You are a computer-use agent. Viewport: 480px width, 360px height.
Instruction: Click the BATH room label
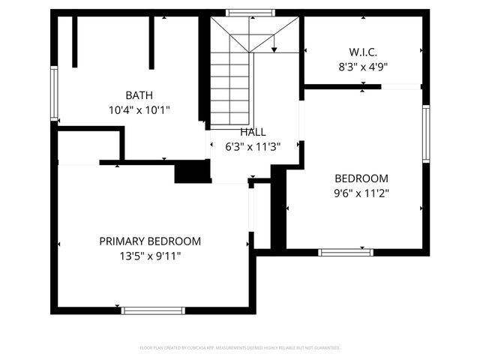click(x=139, y=95)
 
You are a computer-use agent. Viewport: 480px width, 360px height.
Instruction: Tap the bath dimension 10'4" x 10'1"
click(x=139, y=109)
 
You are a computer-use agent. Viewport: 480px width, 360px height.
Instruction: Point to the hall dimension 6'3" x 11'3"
click(x=253, y=147)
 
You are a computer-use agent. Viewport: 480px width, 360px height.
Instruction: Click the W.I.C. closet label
click(x=362, y=52)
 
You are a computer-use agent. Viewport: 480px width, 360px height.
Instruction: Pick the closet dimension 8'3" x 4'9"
click(x=362, y=66)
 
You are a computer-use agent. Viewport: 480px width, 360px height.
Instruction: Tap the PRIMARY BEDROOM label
click(x=150, y=241)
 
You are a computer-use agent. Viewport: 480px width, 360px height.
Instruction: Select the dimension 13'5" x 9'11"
click(x=150, y=256)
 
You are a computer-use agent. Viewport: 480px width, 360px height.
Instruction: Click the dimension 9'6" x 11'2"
click(x=361, y=193)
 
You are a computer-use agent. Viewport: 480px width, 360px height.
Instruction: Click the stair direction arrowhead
click(x=274, y=49)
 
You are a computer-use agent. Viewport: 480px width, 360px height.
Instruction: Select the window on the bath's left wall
click(x=54, y=93)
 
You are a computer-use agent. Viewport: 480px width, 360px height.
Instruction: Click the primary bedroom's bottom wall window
click(x=153, y=310)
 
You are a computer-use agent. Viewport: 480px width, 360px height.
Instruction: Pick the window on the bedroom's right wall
click(x=425, y=134)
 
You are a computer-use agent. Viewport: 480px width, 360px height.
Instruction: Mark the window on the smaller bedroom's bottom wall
click(x=345, y=253)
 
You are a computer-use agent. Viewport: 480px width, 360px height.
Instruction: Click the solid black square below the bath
click(x=192, y=172)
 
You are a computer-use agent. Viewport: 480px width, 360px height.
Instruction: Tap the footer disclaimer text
click(x=240, y=348)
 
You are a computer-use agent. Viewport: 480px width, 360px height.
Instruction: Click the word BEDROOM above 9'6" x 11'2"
click(x=361, y=178)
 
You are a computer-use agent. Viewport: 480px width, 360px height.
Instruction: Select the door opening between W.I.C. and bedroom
click(x=401, y=87)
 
